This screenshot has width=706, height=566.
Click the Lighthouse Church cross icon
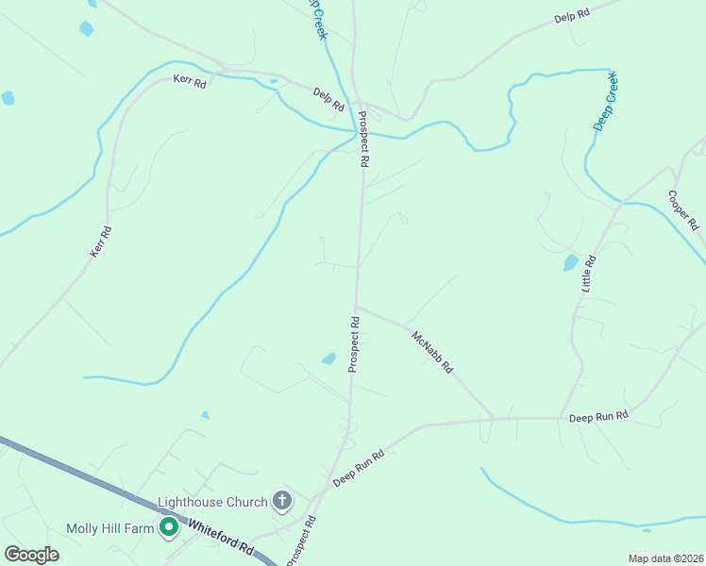[281, 500]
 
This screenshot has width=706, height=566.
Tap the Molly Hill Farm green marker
[169, 528]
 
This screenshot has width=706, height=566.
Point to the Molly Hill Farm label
[109, 528]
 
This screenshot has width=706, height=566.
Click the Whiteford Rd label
[222, 536]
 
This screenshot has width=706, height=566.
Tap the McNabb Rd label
[432, 351]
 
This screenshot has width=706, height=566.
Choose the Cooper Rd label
[682, 211]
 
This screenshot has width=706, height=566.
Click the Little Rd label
[589, 273]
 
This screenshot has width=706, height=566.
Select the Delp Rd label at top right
[572, 16]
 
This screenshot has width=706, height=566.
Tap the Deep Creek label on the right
[604, 100]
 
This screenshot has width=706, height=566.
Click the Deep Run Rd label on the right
[598, 416]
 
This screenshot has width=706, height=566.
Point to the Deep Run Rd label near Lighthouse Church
[359, 468]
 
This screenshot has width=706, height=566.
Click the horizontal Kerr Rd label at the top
[189, 81]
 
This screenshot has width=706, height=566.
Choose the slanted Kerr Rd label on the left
[101, 241]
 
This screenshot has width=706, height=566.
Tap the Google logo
[31, 554]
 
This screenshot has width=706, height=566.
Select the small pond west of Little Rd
[571, 262]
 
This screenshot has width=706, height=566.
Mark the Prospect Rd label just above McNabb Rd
[355, 343]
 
